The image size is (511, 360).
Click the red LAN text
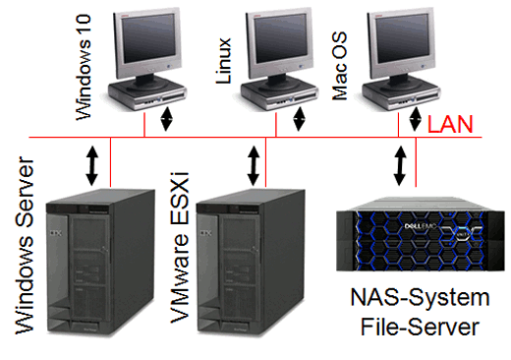[453, 125]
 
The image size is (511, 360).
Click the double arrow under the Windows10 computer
[166, 118]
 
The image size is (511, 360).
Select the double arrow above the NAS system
[400, 163]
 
